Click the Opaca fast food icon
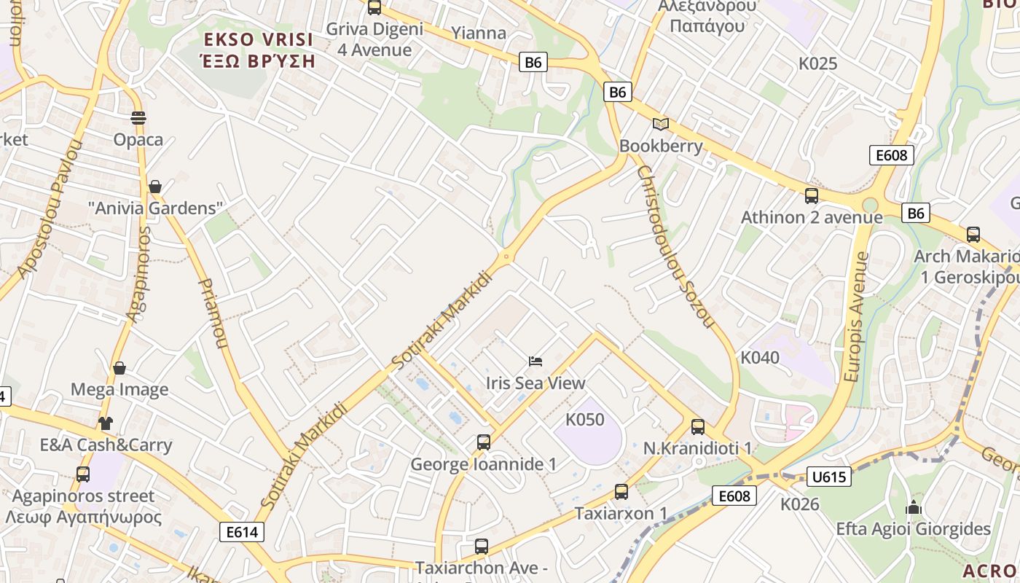[x=138, y=118]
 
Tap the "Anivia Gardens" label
[x=155, y=208]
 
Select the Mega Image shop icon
[x=119, y=368]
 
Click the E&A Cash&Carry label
[x=106, y=445]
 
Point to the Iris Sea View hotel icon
[x=535, y=361]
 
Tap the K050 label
[x=585, y=420]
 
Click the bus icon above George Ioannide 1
[x=483, y=442]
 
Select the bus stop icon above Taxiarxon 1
[x=621, y=492]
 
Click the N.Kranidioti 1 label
[x=697, y=448]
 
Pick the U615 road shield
[x=829, y=477]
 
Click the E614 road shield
[x=242, y=532]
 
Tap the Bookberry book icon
[x=661, y=124]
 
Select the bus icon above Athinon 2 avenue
[x=812, y=196]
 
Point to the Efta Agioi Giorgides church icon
[x=914, y=507]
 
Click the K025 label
[x=818, y=63]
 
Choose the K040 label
[x=760, y=358]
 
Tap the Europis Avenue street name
[x=856, y=317]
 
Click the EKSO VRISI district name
[x=259, y=39]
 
